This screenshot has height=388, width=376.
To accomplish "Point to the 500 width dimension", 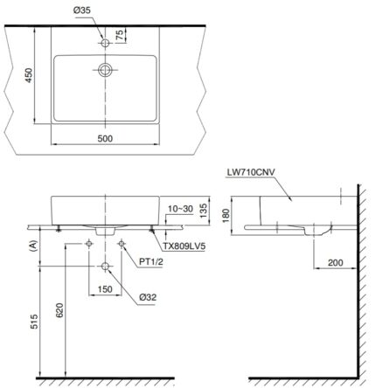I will click(107, 136).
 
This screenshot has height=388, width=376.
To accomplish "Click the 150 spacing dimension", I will click(105, 289).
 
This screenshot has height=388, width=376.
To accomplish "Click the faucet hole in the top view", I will click(105, 41).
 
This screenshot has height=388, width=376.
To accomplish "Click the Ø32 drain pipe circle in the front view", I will click(105, 267).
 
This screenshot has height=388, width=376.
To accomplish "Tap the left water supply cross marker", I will click(89, 242).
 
